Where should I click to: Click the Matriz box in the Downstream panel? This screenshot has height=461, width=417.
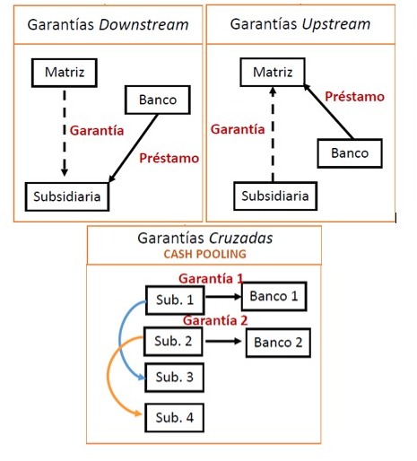click(x=64, y=70)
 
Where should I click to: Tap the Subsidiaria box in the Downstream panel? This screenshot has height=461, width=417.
click(x=66, y=195)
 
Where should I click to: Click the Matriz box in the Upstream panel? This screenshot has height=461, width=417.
click(x=273, y=70)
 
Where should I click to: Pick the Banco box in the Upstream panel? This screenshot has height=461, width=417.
click(x=350, y=153)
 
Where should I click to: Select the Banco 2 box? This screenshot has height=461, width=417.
click(x=279, y=342)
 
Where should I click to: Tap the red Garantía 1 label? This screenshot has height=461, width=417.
click(x=212, y=278)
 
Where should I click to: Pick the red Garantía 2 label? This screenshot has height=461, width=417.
click(x=216, y=320)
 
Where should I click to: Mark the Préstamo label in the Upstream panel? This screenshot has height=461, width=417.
click(x=354, y=96)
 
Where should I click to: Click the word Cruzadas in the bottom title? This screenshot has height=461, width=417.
click(x=248, y=239)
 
